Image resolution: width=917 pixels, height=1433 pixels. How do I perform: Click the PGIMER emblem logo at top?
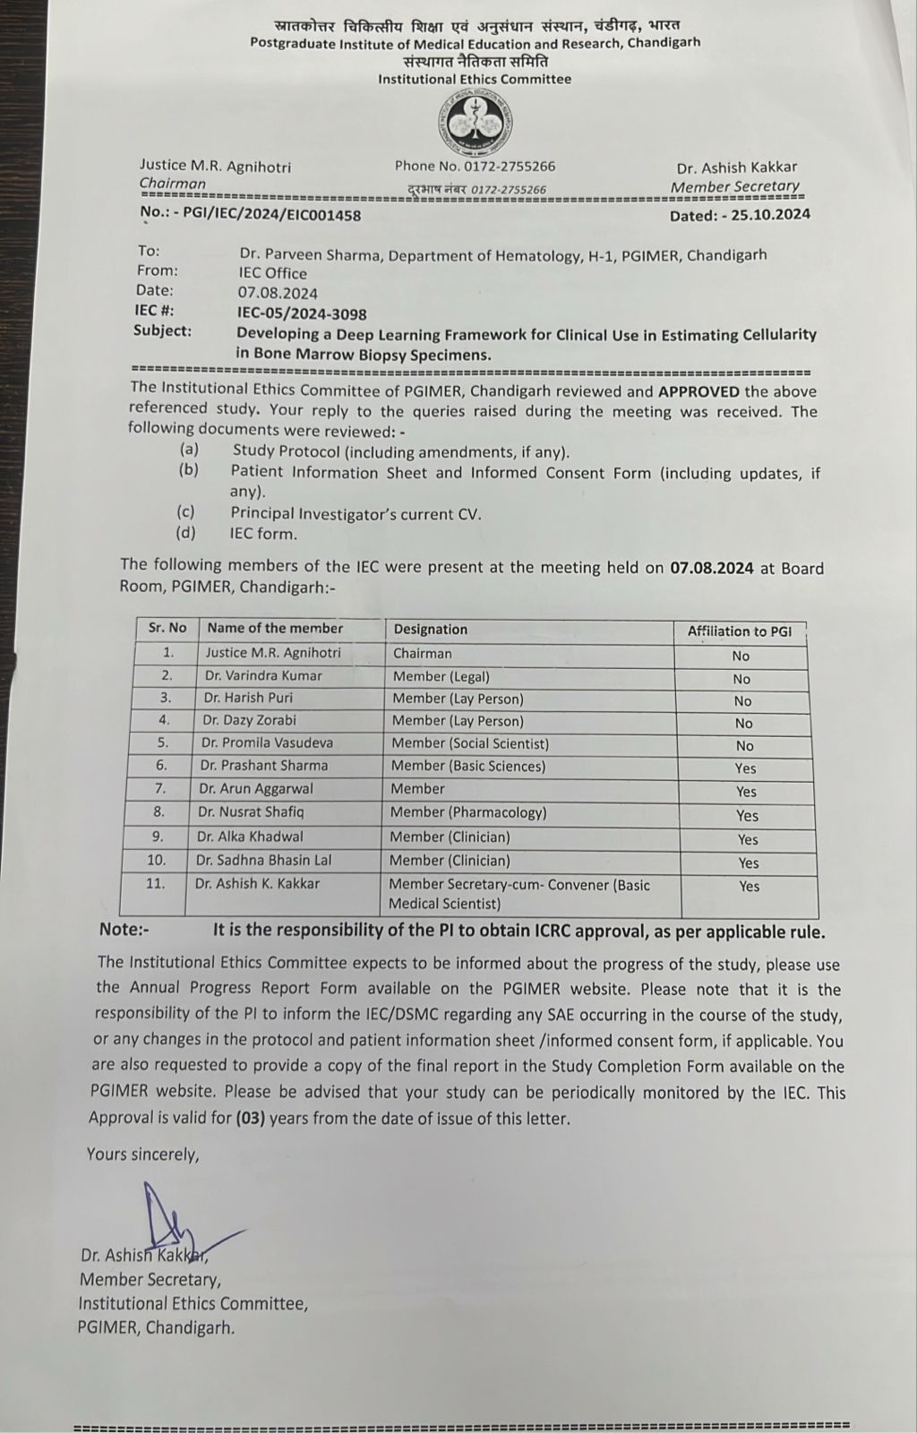(476, 123)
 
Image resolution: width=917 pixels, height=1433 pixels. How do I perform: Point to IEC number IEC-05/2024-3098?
(302, 313)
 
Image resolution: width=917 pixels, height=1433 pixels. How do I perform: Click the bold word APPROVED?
(698, 391)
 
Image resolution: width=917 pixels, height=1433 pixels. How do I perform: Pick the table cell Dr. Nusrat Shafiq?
(251, 812)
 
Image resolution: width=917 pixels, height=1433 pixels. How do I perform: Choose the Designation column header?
(430, 630)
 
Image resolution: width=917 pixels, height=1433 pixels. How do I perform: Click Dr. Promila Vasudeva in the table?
(267, 743)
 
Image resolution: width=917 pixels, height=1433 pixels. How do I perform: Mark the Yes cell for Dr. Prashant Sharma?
(745, 768)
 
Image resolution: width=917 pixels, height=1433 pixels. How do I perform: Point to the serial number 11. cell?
(155, 883)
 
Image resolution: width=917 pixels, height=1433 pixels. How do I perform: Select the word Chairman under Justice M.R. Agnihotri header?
(172, 184)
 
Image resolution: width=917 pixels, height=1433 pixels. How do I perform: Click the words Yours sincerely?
(142, 1154)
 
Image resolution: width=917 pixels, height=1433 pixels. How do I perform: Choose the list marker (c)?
(185, 513)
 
